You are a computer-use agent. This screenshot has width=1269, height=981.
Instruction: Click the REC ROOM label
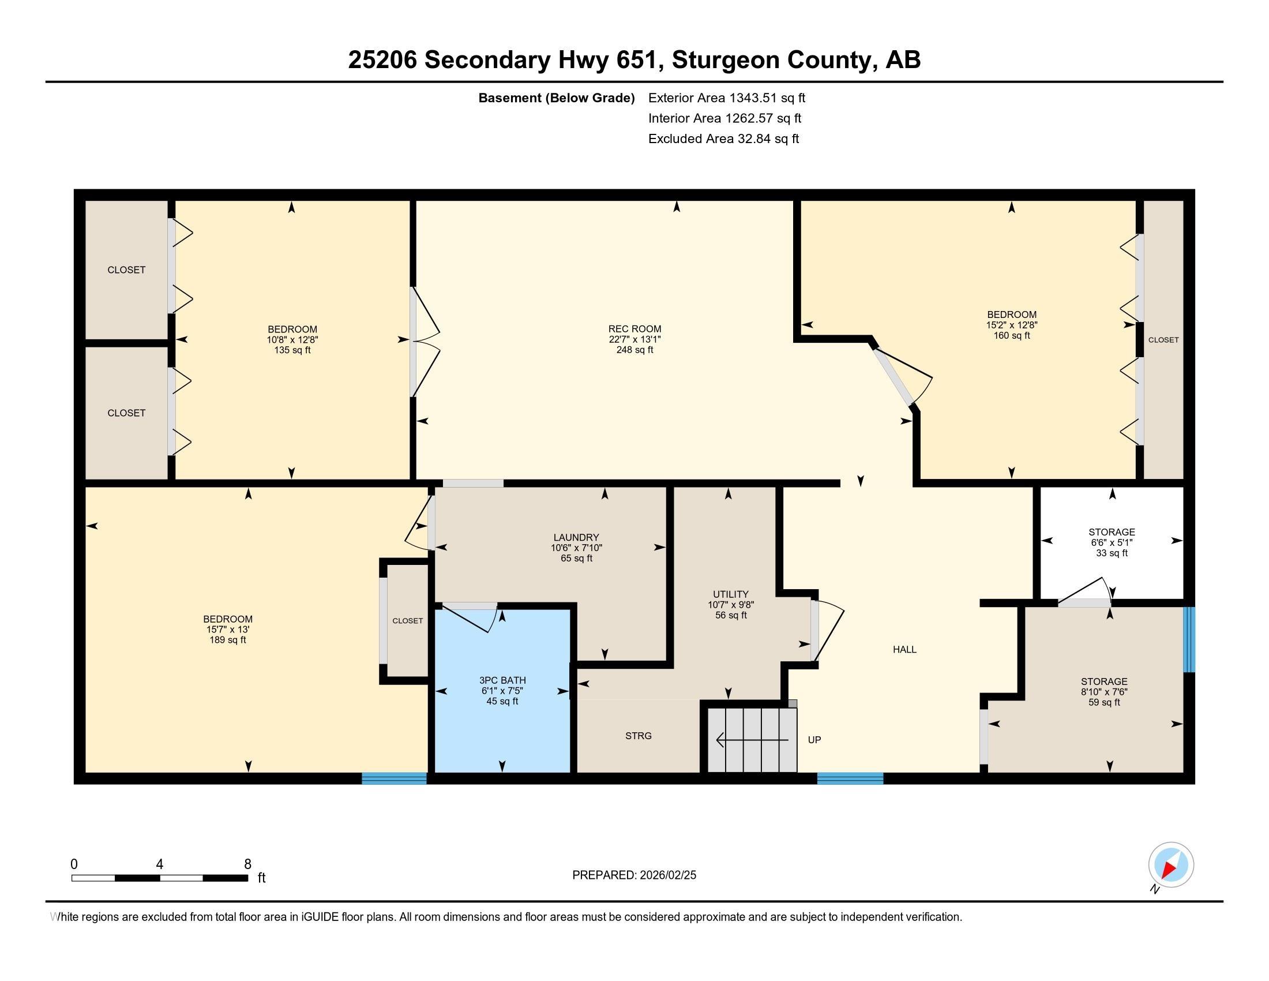[x=634, y=329]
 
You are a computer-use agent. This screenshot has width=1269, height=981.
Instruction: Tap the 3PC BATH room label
[x=502, y=680]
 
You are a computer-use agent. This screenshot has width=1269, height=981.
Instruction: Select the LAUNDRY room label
[x=576, y=538]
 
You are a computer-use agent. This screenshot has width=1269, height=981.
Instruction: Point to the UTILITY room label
[x=730, y=594]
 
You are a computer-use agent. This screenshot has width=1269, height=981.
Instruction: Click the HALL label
[x=904, y=650]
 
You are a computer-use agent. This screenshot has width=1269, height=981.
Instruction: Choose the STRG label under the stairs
[x=638, y=736]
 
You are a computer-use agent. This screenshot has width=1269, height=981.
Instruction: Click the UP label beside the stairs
[x=814, y=740]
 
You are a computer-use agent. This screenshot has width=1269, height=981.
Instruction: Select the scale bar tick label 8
[x=247, y=864]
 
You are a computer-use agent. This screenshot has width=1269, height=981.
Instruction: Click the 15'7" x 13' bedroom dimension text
[x=228, y=630]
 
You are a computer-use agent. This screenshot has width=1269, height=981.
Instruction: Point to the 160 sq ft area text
[x=1011, y=335]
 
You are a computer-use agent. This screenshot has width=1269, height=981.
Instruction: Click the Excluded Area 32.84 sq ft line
[x=723, y=139]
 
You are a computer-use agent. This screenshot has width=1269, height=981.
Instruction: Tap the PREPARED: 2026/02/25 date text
[x=634, y=875]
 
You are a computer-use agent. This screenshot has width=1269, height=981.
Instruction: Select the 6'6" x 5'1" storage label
[x=1111, y=542]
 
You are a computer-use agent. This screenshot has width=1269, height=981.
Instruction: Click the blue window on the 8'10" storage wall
[x=1189, y=639]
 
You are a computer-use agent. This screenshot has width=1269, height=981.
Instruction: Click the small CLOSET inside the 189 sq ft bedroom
[x=407, y=621]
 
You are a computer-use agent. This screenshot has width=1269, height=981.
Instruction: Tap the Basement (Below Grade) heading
[x=556, y=98]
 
